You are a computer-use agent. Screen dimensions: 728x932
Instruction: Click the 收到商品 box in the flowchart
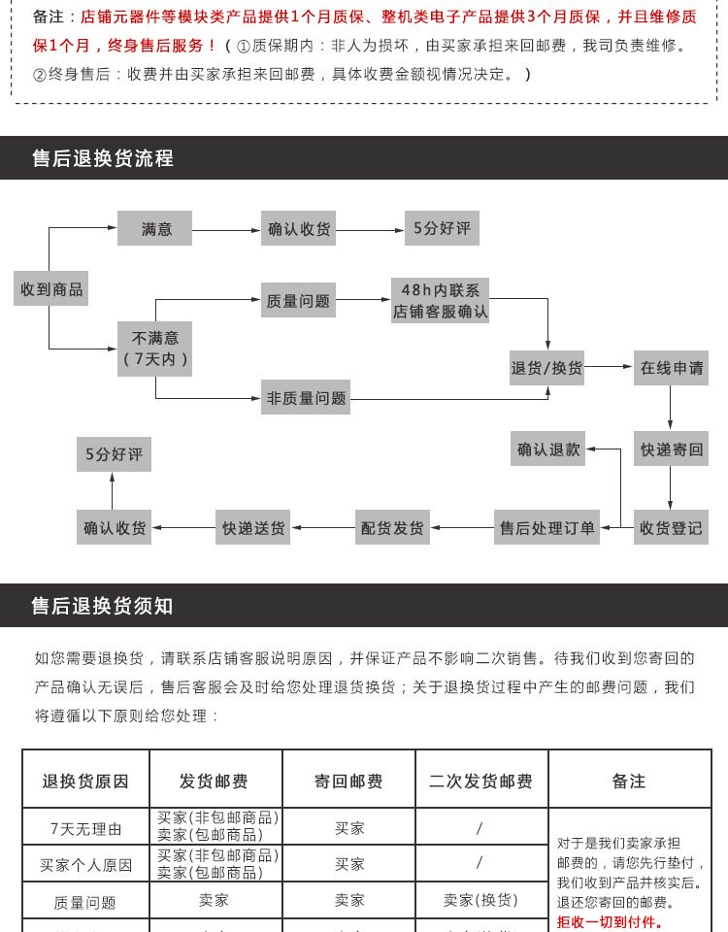coord(51,289)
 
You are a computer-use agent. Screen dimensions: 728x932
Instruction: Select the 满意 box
coord(154,228)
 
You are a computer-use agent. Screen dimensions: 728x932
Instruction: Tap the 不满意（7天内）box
coord(154,349)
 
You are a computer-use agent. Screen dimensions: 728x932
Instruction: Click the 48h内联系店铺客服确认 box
coord(440,300)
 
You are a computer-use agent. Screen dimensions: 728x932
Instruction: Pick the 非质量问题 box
coord(306,398)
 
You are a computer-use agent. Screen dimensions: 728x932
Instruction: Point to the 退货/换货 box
coord(546,368)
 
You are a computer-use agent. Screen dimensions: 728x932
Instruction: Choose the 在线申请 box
coord(671,368)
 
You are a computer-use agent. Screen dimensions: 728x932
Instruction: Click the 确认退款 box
coord(547,449)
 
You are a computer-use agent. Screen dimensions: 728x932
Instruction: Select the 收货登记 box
coord(671,527)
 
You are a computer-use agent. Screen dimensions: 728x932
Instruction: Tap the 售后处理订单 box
coord(546,527)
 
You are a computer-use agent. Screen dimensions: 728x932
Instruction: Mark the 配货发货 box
coord(392,527)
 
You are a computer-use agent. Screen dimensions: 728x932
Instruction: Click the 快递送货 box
coord(252,527)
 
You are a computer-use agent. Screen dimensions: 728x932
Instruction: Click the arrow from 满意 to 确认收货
coord(226,230)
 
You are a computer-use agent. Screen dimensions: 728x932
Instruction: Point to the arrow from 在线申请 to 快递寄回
coord(671,407)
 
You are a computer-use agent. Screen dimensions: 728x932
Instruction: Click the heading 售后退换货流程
coord(103,158)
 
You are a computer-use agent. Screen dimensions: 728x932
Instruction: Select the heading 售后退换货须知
coord(102,606)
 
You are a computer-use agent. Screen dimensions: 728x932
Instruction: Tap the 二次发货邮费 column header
coord(480,781)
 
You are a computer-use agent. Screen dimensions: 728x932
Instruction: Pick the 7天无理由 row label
coord(85,828)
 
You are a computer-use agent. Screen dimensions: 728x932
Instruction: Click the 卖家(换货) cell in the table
coord(480,900)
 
